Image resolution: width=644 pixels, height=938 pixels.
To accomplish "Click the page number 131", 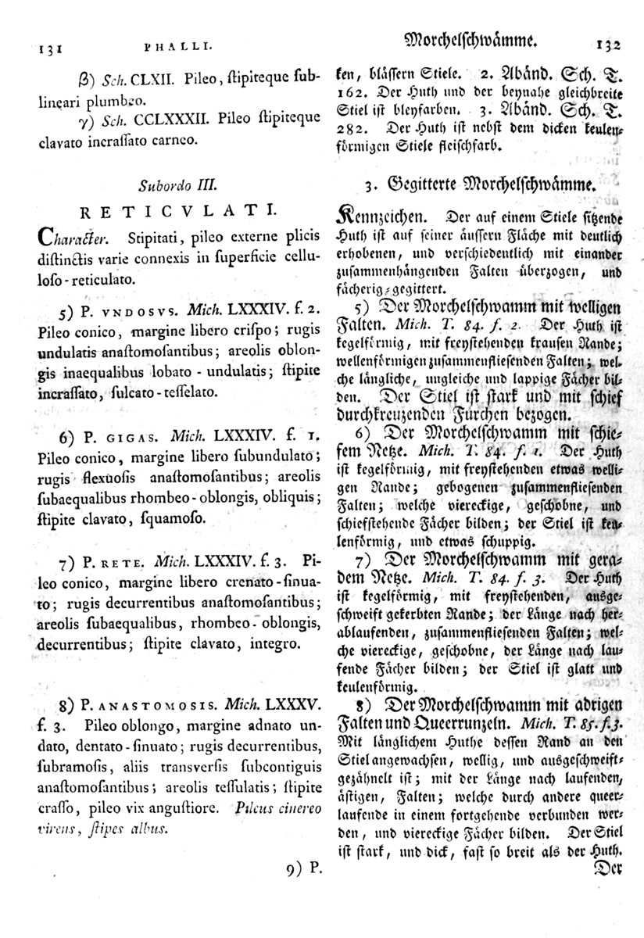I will (30, 46).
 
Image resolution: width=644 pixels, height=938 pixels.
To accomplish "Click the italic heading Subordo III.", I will (175, 187).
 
